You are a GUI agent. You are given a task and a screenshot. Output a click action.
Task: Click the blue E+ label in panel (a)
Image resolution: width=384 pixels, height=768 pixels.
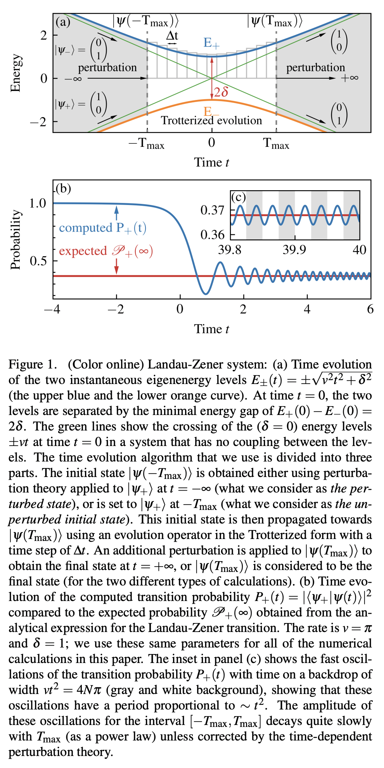pos(211,43)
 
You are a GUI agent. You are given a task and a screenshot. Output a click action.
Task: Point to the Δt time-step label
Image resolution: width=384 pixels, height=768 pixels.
pos(172,36)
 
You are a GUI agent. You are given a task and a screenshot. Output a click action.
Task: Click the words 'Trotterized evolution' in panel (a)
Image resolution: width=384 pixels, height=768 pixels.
pos(211,121)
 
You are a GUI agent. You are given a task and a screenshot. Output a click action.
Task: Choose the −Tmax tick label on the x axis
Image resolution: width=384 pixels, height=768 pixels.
pos(146,144)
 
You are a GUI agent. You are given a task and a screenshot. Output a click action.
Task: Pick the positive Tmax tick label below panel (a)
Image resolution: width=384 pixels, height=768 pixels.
pos(276,144)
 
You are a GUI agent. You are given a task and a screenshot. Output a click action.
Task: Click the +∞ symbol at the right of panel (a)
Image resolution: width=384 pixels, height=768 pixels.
pos(349,78)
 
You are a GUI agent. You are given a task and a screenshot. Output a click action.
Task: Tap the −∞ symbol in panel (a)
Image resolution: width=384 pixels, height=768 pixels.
pos(73,78)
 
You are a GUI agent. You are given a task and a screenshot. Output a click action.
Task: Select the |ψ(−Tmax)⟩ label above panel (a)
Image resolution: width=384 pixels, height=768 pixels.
pos(145,21)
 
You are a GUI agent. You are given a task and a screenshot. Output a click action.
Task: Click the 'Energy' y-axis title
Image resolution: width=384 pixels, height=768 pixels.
pos(16,73)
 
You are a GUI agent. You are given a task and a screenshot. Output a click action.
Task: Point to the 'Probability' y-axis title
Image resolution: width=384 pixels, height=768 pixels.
pos(16,239)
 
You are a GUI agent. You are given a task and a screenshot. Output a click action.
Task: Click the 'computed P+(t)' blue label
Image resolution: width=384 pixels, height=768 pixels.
pos(102,228)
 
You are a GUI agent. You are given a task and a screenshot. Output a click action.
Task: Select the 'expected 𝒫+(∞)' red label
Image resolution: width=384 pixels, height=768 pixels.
pos(106,251)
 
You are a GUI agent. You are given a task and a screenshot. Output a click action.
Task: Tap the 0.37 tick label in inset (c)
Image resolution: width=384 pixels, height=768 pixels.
pos(212,210)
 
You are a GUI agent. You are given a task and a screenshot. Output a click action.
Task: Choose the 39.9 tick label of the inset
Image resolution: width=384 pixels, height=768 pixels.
pos(294,250)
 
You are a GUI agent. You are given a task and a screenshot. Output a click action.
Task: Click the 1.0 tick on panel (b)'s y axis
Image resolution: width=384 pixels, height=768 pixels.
pos(38,203)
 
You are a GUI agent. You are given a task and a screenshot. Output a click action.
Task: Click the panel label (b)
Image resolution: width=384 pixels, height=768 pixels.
pos(63,189)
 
